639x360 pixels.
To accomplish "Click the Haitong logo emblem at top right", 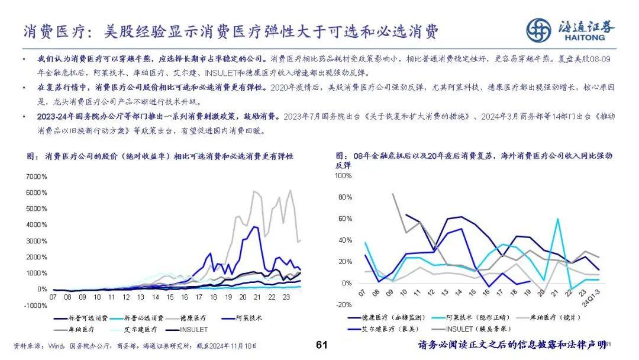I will tap(538, 30).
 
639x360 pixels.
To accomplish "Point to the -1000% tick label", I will tap(34, 306).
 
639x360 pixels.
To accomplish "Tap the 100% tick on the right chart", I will tap(343, 176).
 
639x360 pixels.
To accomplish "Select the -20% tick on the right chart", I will tap(344, 305).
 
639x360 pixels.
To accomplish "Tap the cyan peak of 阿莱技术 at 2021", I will tap(557, 219).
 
